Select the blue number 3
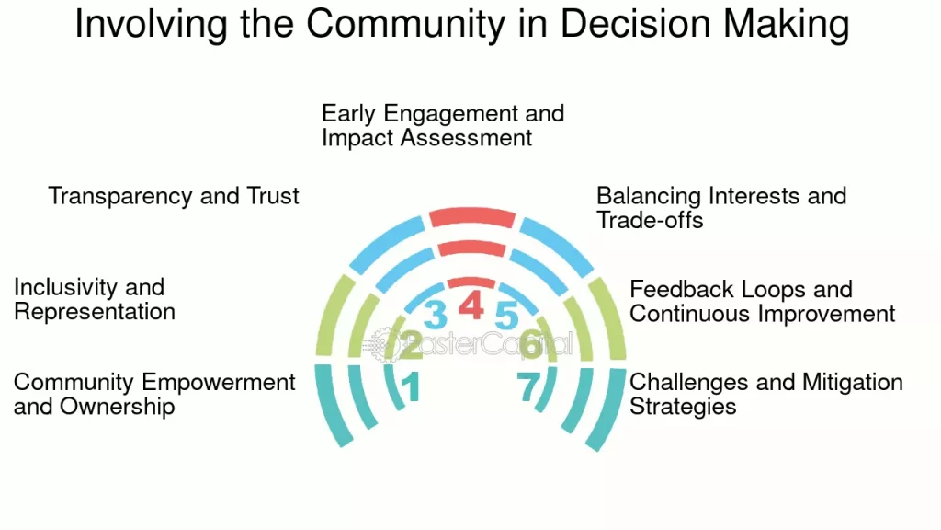[x=435, y=315]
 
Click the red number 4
[x=470, y=305]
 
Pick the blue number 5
[x=506, y=315]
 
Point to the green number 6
[x=530, y=345]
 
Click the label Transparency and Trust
[x=174, y=196]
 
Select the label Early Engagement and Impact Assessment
[x=443, y=126]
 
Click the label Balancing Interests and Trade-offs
[x=720, y=207]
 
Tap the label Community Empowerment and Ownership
[x=154, y=394]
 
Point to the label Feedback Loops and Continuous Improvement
[x=762, y=302]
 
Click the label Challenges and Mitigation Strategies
[x=765, y=394]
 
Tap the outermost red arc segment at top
[x=470, y=216]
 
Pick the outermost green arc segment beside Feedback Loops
[x=607, y=317]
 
